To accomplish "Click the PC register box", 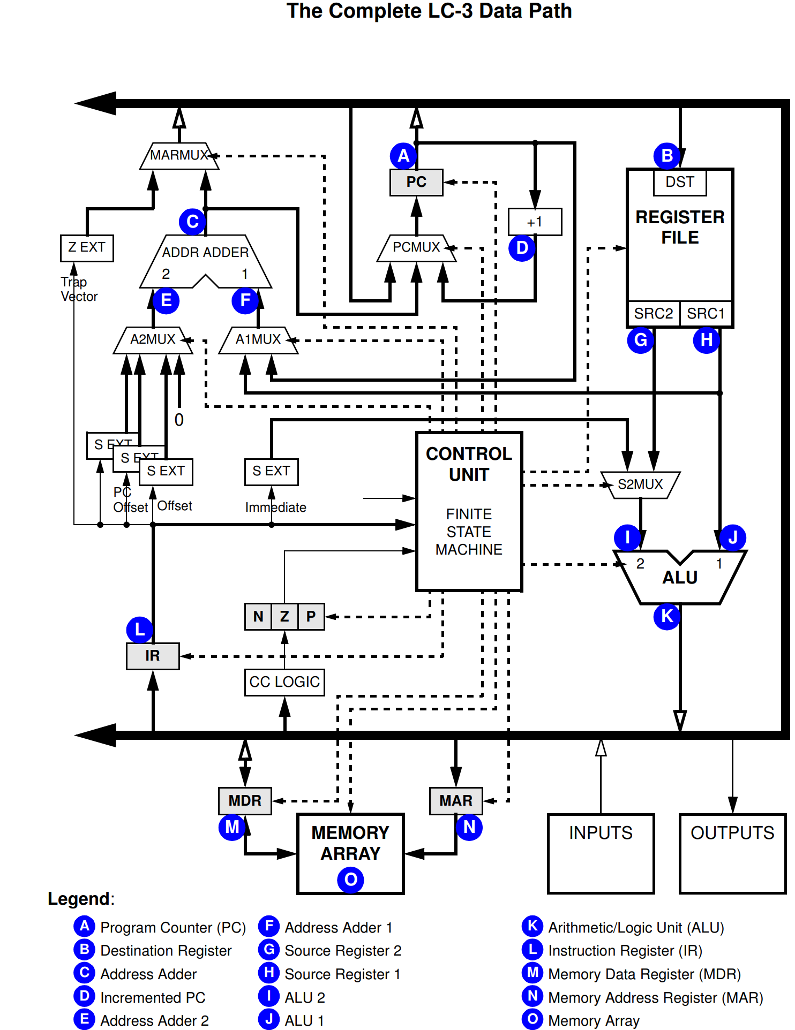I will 416,183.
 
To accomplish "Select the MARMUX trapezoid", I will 179,156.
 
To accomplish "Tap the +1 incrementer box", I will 535,222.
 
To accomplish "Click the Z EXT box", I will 87,248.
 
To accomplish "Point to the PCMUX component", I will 416,248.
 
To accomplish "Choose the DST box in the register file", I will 679,183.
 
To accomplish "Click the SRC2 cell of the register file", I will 654,314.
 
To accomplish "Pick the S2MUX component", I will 640,484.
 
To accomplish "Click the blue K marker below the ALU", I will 666,617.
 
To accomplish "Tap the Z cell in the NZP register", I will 284,617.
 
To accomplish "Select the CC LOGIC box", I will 284,682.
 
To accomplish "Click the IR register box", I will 153,656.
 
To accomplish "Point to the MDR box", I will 245,801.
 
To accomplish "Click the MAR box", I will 456,801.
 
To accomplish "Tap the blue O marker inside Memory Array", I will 350,880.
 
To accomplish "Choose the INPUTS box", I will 601,853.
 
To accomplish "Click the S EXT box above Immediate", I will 271,472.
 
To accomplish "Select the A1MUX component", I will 258,340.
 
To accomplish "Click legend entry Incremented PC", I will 153,998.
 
